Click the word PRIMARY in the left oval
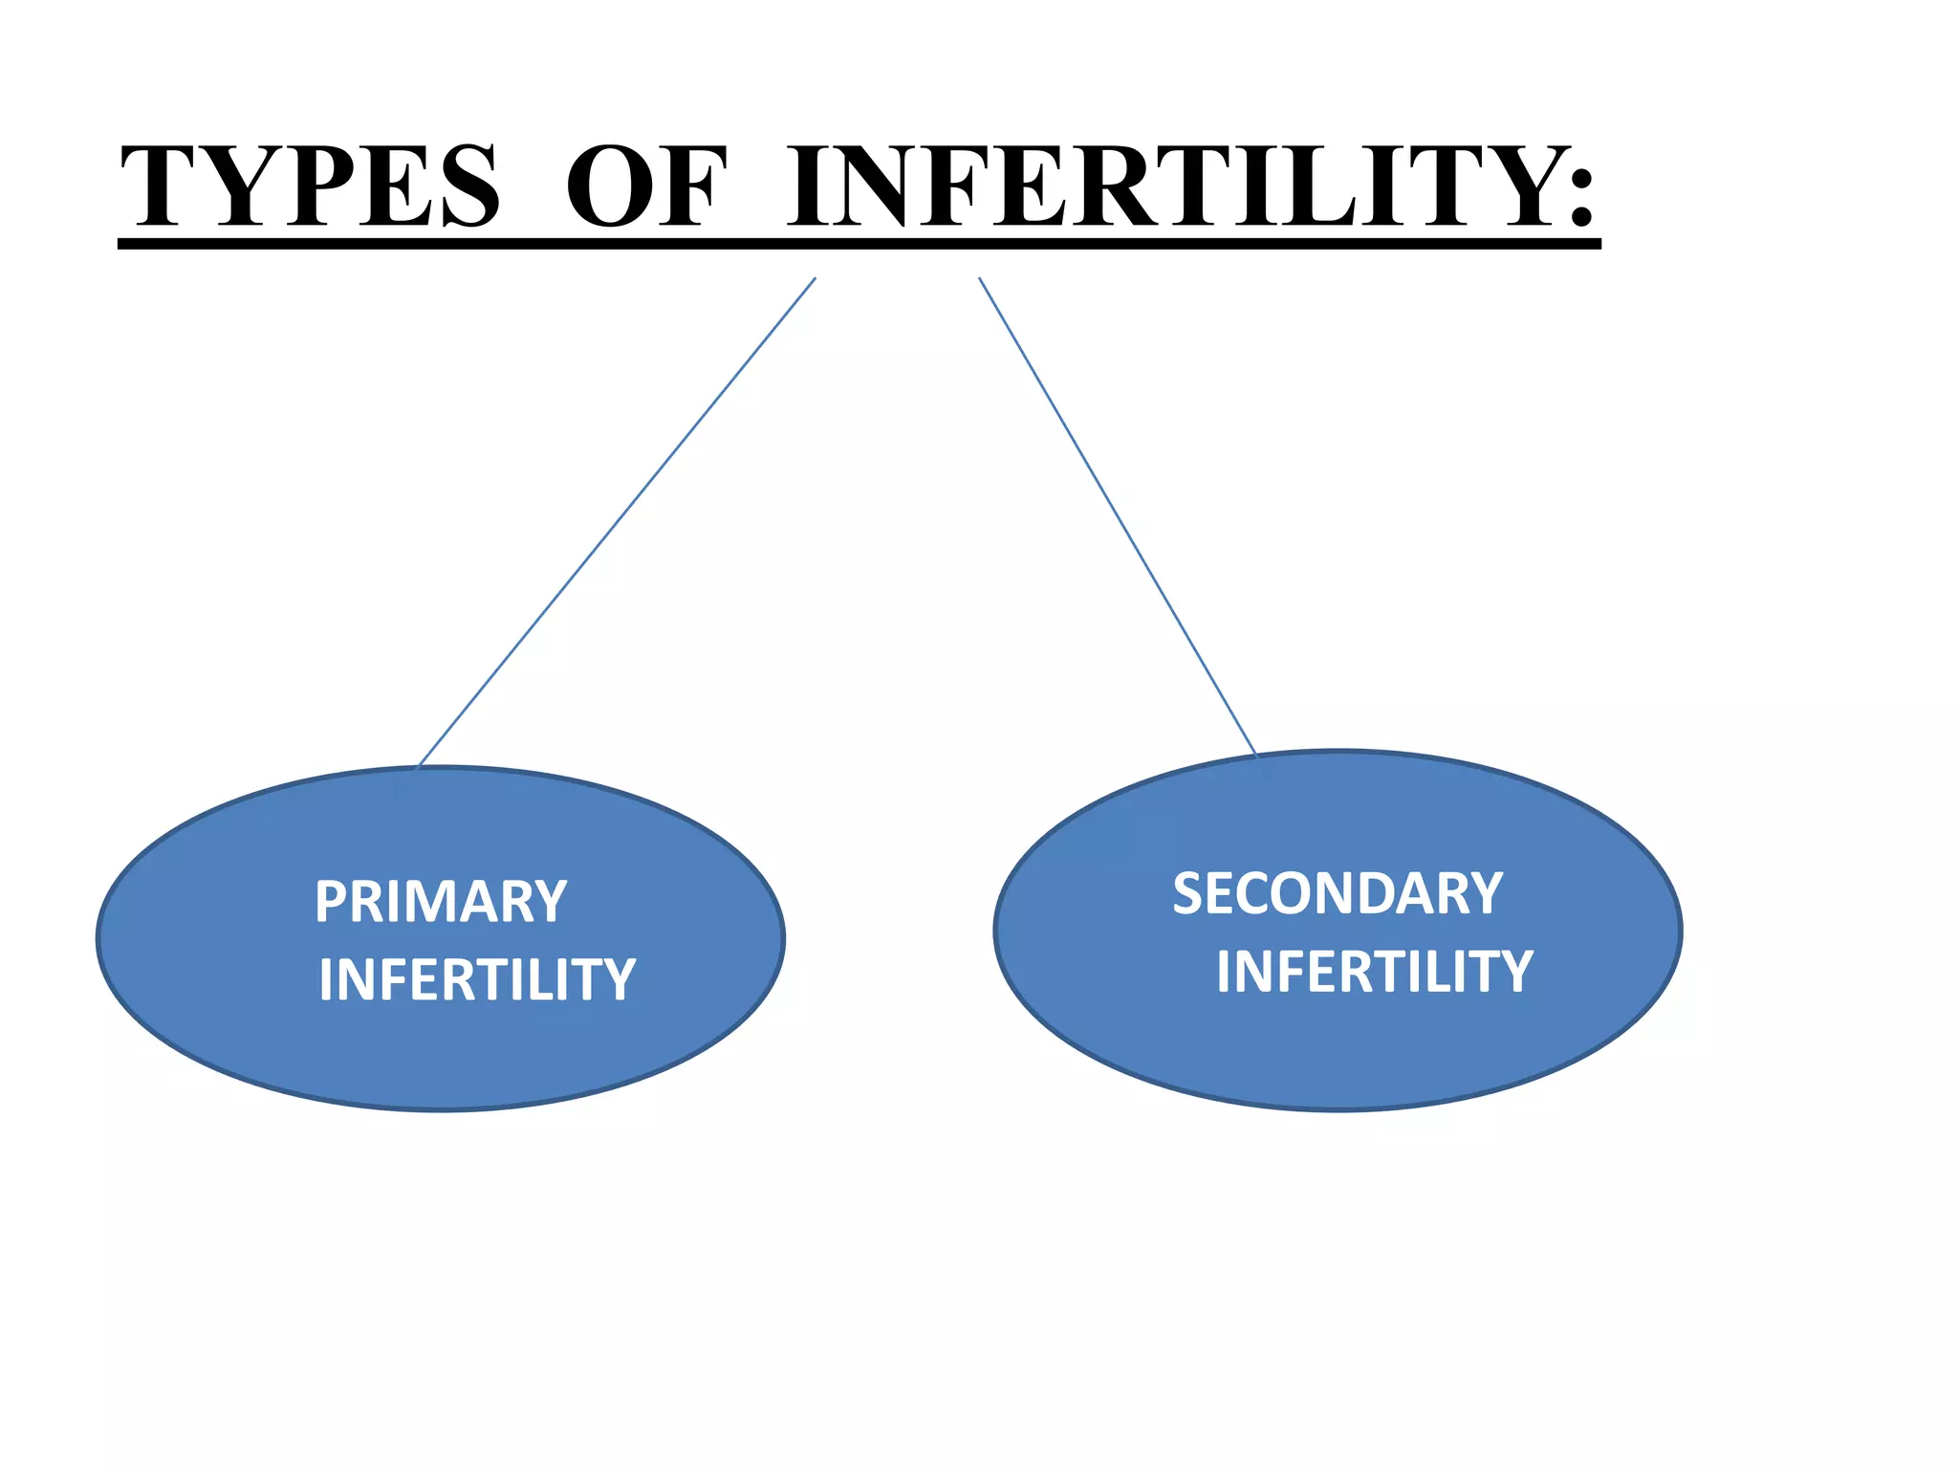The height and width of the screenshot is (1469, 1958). (x=441, y=902)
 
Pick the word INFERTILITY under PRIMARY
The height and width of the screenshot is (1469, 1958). (x=477, y=979)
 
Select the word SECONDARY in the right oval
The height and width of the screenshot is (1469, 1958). (x=1338, y=894)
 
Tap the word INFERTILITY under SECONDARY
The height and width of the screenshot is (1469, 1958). (x=1374, y=972)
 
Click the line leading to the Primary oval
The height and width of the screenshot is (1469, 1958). (x=617, y=522)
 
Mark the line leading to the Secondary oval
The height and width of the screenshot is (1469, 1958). (x=1117, y=515)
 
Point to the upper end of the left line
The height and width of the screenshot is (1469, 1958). (x=815, y=279)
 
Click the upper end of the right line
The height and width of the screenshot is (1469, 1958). (x=979, y=279)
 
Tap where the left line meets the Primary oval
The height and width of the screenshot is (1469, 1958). (x=420, y=766)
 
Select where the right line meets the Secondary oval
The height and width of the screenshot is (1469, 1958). (x=1255, y=755)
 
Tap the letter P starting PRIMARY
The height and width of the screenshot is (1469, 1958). (x=331, y=902)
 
